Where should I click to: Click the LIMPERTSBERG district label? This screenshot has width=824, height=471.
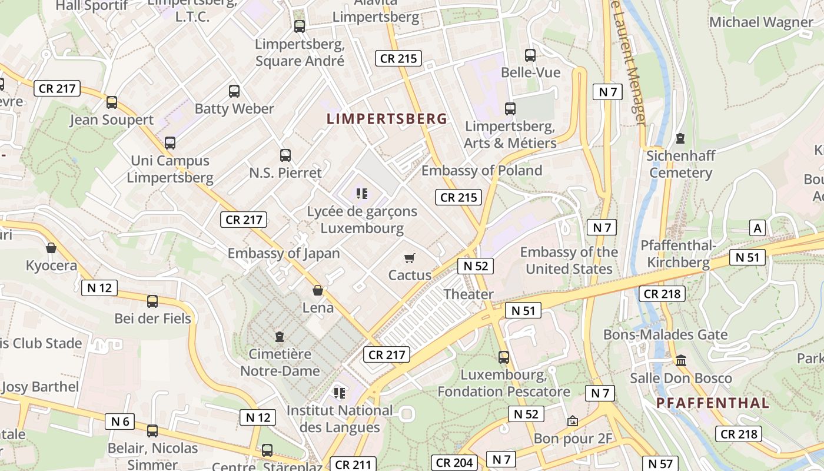387,118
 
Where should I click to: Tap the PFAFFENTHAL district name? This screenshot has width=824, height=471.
712,403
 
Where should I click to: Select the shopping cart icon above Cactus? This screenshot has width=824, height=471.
410,258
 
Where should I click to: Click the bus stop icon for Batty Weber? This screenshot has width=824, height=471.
234,91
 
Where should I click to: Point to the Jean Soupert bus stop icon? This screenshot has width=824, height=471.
112,102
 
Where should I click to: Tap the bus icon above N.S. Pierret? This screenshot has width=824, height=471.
285,155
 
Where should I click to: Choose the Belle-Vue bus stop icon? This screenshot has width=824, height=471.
530,55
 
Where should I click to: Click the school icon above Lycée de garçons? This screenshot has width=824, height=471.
361,193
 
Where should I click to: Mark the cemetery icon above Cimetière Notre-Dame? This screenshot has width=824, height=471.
280,337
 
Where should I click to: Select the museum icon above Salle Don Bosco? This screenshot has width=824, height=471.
681,360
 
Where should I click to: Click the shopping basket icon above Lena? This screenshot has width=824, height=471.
318,290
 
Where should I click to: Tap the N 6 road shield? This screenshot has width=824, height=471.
120,422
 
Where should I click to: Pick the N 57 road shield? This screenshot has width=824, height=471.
660,463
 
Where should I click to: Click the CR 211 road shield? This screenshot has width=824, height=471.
351,465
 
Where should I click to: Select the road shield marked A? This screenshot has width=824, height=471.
757,228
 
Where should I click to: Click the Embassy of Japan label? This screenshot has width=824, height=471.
284,253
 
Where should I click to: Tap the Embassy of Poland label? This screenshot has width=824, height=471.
481,171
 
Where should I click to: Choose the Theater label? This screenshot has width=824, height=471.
469,294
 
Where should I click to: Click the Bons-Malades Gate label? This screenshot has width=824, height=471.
665,335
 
